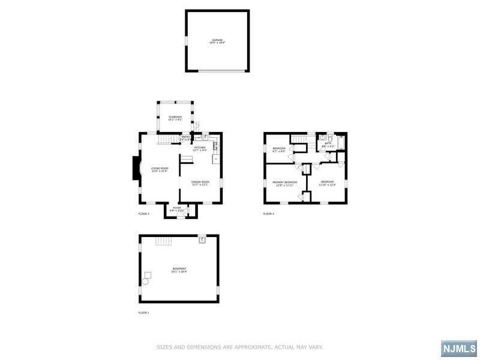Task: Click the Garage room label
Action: [x=217, y=41]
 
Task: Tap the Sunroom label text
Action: [x=175, y=118]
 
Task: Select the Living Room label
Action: [x=159, y=170]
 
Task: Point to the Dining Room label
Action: [x=200, y=183]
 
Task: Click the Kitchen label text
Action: [x=200, y=149]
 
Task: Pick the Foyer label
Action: [x=177, y=209]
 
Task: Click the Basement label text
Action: [x=179, y=270]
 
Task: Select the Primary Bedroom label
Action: [x=285, y=183]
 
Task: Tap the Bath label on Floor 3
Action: [x=328, y=145]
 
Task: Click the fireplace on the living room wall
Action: [x=136, y=169]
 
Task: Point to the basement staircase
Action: [x=163, y=241]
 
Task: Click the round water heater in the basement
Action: [x=145, y=281]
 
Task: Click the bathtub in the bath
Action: [x=341, y=143]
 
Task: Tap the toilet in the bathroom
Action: [x=321, y=136]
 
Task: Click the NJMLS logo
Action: [x=459, y=348]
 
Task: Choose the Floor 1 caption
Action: [x=144, y=313]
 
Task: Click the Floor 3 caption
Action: [x=269, y=214]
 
